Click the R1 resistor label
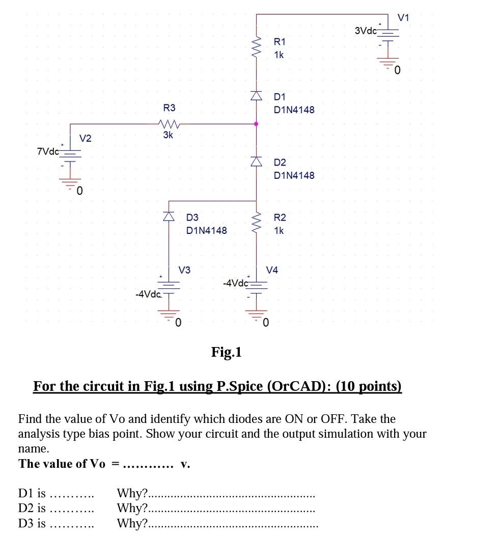coord(280,41)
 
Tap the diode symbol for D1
coord(256,95)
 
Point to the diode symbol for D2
coord(256,161)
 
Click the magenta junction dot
coord(256,124)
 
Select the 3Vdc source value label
coord(366,31)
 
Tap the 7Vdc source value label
coord(48,151)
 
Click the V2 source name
coord(86,138)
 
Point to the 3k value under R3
coord(168,135)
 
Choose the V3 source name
coord(184,270)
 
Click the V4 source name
coord(272,270)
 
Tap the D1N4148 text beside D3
coord(207,230)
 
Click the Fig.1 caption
coord(227,352)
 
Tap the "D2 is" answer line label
coord(32,508)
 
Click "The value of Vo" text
coord(62,464)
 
